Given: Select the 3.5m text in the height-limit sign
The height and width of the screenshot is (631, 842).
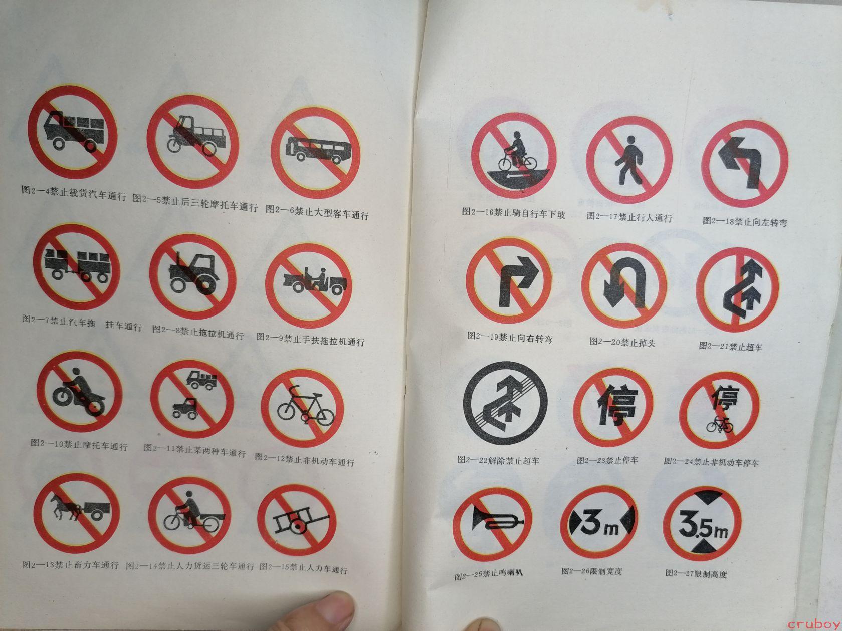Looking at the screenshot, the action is click(x=703, y=524).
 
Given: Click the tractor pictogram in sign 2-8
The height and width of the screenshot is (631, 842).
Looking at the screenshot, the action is click(x=194, y=273).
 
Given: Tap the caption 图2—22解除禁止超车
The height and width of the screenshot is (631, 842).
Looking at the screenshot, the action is click(x=498, y=460).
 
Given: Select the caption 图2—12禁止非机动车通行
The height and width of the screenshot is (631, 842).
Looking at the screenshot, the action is click(x=305, y=460).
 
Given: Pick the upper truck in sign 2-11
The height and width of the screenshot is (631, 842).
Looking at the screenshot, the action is click(x=202, y=380).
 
